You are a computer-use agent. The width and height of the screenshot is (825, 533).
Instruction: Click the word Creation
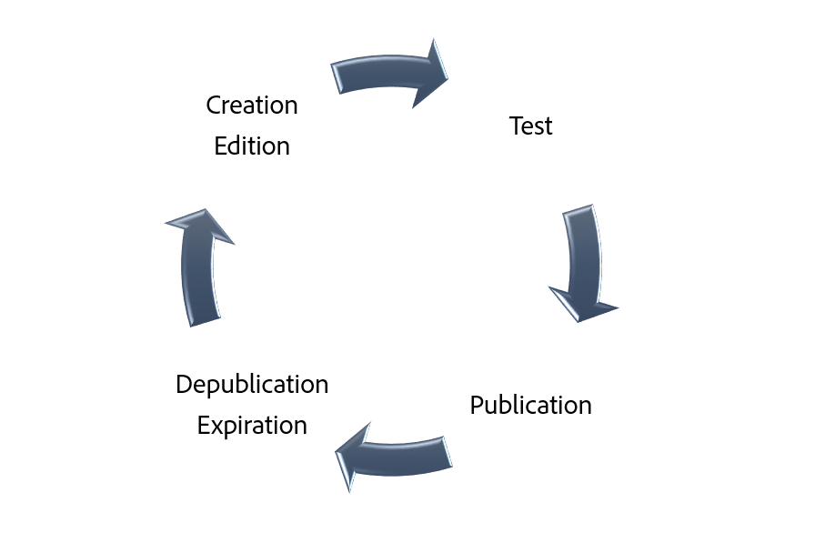click(x=252, y=106)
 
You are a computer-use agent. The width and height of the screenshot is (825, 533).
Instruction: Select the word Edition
click(x=252, y=146)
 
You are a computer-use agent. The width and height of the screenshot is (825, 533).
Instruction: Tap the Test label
click(x=530, y=126)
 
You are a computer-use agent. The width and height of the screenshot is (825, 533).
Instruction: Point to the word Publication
click(x=530, y=405)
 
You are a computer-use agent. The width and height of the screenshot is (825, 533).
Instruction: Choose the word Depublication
click(x=252, y=385)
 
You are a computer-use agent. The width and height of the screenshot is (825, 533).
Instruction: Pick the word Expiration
click(x=252, y=425)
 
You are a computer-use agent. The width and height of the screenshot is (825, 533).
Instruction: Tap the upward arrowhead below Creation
click(x=199, y=226)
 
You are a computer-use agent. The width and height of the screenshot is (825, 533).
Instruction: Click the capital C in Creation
click(x=214, y=106)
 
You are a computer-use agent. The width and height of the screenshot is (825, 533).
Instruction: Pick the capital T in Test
click(x=515, y=126)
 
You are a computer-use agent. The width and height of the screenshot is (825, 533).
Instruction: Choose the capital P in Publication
click(x=477, y=405)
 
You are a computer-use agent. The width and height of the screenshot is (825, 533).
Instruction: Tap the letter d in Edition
click(x=233, y=146)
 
